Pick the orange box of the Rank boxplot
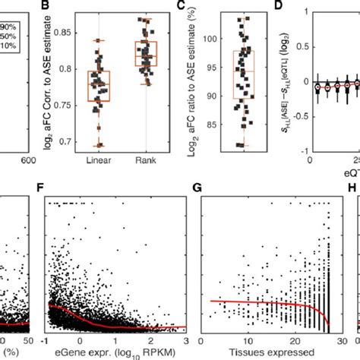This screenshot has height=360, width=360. pyautogui.click(x=145, y=54)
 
